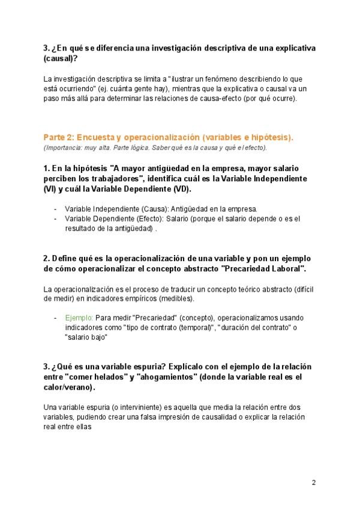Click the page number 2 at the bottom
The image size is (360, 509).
tap(313, 483)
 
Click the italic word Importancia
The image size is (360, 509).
tap(62, 148)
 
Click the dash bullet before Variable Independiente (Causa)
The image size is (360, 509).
tap(55, 209)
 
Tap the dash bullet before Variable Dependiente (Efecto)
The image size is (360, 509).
tap(55, 218)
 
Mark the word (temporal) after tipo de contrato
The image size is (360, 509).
tap(192, 327)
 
